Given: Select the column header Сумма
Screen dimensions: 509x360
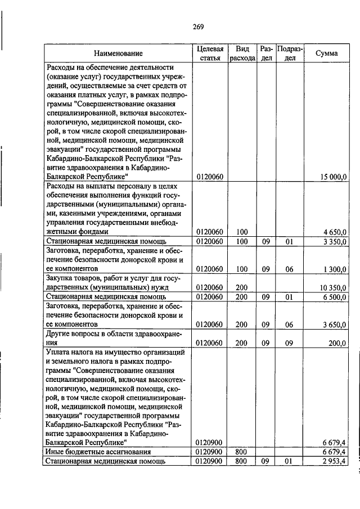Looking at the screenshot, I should point(326,53).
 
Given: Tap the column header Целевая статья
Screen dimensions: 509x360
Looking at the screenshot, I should point(210,53).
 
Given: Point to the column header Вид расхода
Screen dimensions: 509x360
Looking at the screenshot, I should point(242,53).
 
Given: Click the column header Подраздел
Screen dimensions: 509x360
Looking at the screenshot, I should point(290,53).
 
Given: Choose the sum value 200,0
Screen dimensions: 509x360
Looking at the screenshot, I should point(338,342).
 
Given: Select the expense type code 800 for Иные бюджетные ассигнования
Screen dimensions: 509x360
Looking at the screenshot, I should point(242,452).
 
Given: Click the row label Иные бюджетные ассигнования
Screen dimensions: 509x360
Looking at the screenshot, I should point(98,452).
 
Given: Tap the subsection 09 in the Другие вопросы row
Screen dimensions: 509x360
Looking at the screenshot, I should point(290,342).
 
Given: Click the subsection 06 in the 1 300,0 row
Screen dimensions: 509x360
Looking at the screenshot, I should point(290,269).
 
